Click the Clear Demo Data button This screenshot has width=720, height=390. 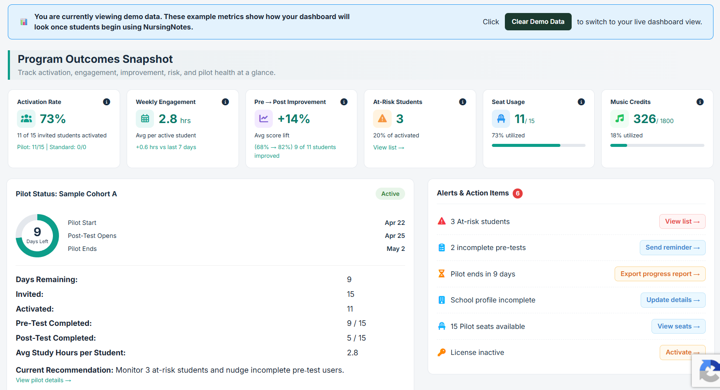point(538,22)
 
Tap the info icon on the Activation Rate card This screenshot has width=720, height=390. point(106,102)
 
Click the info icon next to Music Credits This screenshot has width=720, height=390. point(700,102)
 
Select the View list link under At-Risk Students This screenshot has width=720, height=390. point(389,147)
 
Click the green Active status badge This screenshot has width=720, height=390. point(390,194)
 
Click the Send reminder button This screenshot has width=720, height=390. point(672,247)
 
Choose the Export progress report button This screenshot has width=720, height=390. point(660,274)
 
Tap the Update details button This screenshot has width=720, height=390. point(673,300)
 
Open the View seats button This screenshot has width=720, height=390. point(678,326)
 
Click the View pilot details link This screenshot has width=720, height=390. point(43,380)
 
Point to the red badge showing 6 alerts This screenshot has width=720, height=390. point(517,193)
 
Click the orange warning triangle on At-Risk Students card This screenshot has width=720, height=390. point(382,119)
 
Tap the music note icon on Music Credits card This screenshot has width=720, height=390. point(619,119)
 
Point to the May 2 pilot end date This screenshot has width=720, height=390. point(396,249)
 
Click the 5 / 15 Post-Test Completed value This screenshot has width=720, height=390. point(357,338)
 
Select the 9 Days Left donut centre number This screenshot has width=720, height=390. point(37,232)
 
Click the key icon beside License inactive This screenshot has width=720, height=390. point(442,352)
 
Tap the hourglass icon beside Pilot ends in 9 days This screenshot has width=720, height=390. point(442,274)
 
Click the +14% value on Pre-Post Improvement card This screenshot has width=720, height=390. point(294,119)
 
